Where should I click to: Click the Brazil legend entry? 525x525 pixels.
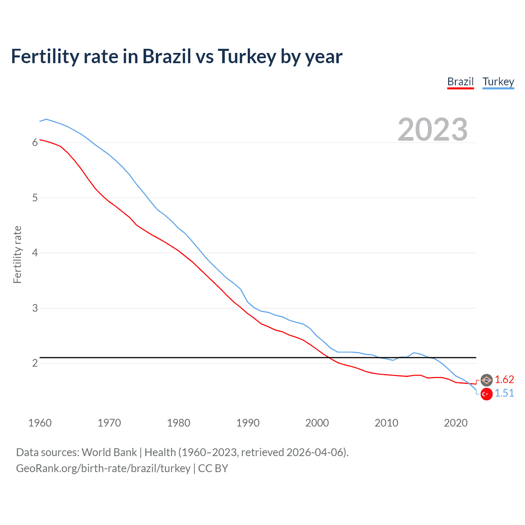point(460,82)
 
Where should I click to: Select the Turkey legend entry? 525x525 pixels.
point(498,82)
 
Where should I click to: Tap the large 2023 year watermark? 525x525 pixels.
point(432,130)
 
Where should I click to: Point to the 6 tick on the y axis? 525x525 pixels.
point(35,142)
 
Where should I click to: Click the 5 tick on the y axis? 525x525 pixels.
point(35,198)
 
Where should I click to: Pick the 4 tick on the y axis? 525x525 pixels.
point(35,253)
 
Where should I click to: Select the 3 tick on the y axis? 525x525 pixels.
point(35,308)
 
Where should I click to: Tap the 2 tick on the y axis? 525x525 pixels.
point(35,363)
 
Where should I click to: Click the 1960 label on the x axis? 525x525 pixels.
point(40,423)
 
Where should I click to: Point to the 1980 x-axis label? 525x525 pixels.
point(178,423)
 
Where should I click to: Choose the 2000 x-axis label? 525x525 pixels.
point(317,423)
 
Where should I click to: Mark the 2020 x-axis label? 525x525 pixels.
point(456,423)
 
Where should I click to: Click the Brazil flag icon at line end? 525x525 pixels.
point(486,380)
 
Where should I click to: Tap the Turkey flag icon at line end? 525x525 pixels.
point(486,394)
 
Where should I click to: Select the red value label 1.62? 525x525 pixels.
point(504,380)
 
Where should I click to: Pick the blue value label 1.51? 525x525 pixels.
point(504,393)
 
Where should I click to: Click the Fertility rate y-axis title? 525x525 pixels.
point(17,254)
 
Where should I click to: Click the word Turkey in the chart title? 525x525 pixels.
point(247,57)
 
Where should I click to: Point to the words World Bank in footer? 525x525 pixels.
point(109,452)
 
